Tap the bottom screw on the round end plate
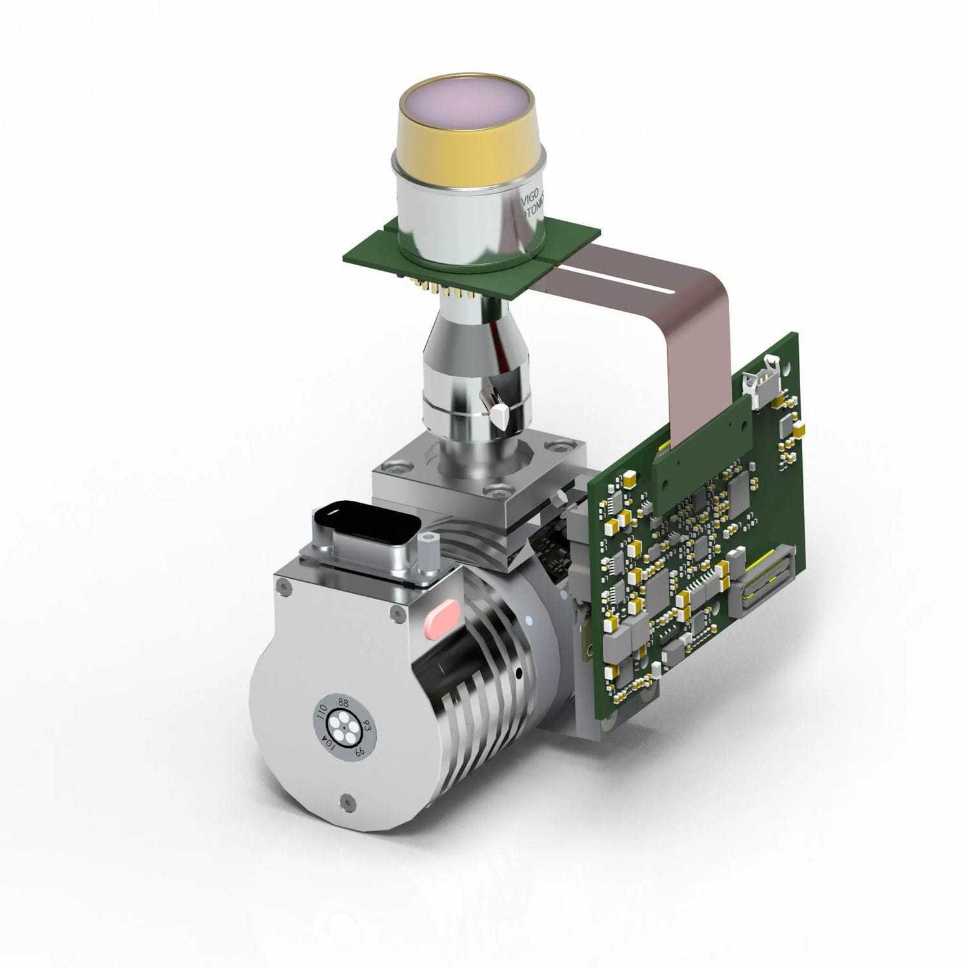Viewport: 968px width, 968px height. (349, 802)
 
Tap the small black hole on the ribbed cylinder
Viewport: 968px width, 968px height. (519, 674)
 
